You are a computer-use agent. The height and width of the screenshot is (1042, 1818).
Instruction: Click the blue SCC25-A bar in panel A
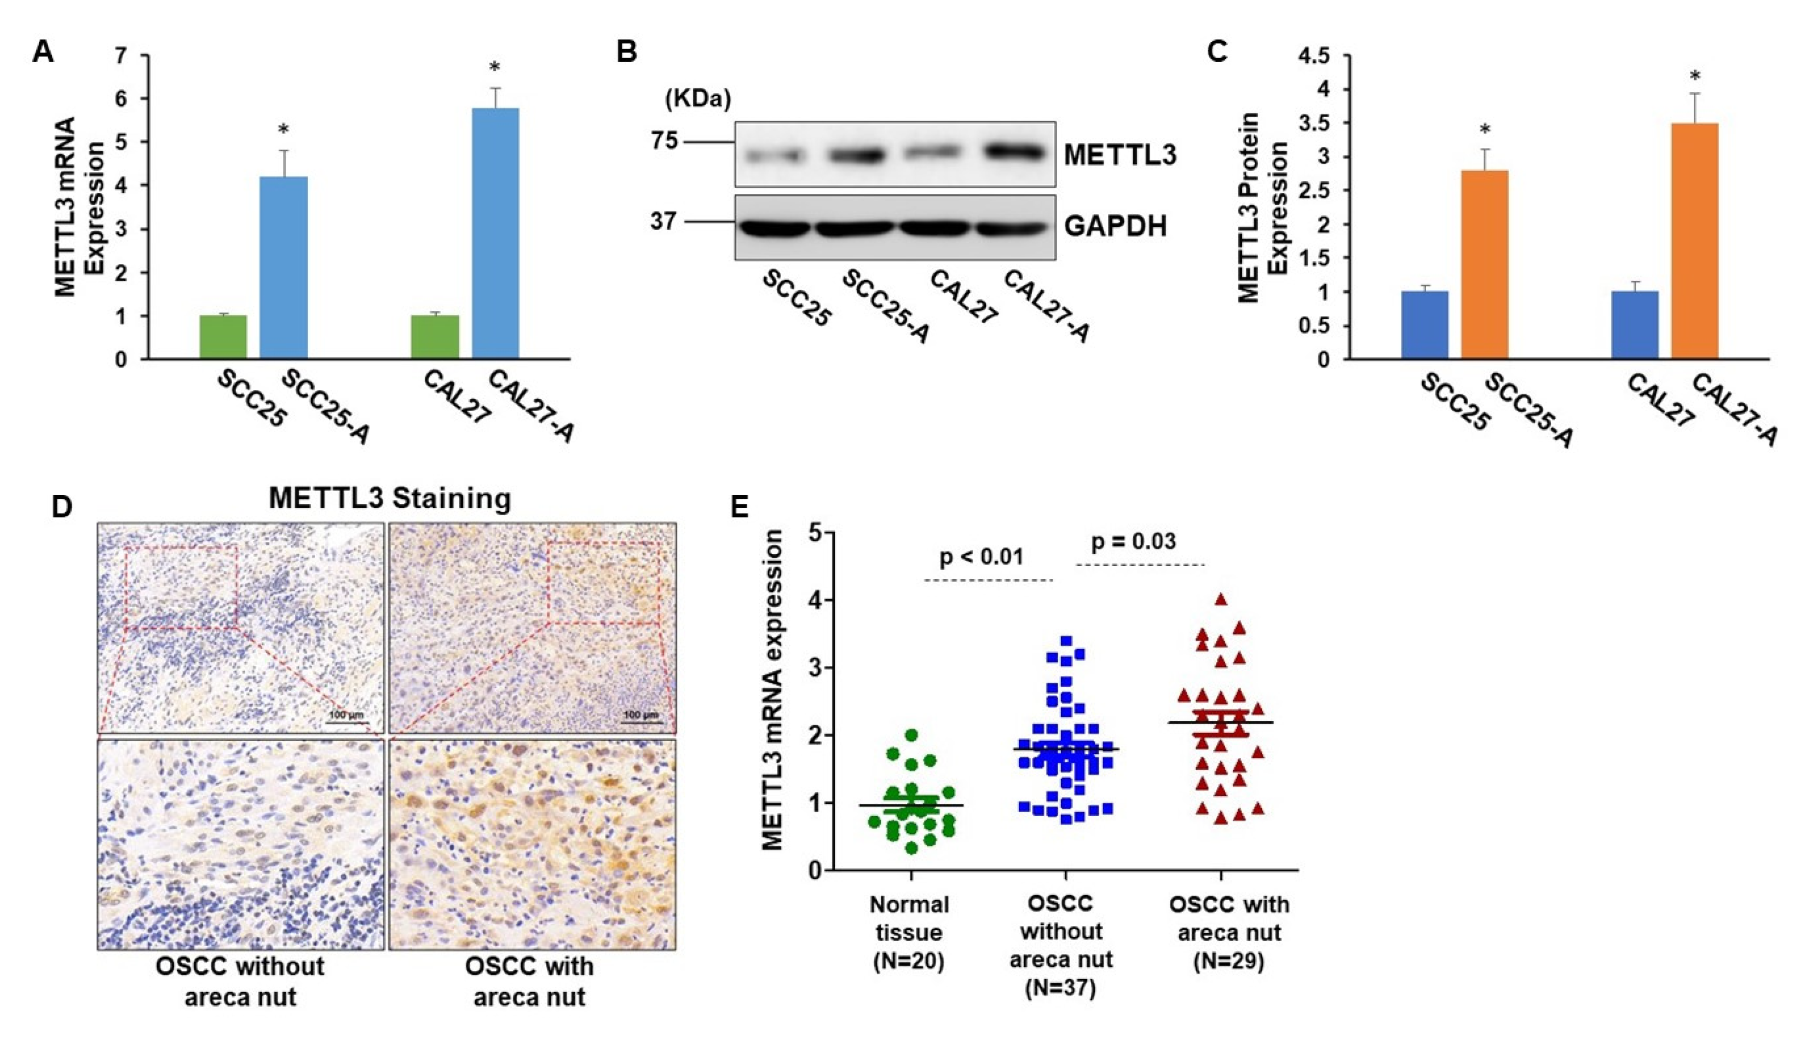coord(284,268)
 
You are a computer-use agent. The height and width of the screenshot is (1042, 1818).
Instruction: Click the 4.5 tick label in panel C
coord(1321,56)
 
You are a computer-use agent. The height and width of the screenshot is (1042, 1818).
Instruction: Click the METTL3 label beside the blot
coord(1119,156)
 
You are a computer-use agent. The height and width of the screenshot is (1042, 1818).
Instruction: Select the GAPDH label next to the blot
coord(1115,226)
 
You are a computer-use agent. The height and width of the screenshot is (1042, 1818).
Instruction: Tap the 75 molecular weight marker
coord(663,141)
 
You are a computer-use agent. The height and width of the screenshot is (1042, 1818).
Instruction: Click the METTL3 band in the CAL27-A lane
coord(1014,152)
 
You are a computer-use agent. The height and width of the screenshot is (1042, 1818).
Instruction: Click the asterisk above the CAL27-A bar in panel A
coord(494,68)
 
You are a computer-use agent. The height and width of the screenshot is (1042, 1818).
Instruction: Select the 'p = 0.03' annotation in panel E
coord(1133,542)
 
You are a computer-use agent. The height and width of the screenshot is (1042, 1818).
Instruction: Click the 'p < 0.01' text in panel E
coord(981,556)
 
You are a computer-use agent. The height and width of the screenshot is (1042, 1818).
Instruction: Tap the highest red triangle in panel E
coord(1221,600)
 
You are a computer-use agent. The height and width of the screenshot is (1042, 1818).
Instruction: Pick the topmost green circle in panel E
coord(911,735)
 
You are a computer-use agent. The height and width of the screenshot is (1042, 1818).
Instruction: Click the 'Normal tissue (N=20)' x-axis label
coord(909,932)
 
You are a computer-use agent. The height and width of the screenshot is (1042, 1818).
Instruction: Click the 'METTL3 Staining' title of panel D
coord(390,498)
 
